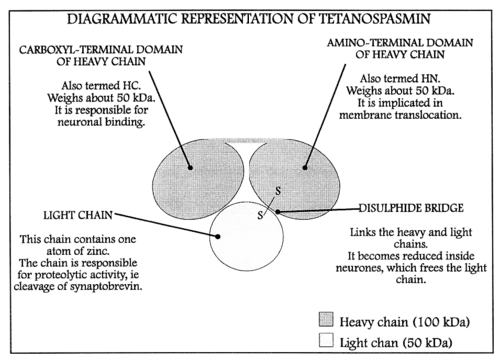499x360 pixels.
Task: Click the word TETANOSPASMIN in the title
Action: pyautogui.click(x=375, y=19)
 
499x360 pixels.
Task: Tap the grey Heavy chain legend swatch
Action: pyautogui.click(x=326, y=320)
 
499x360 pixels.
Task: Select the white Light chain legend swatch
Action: pyautogui.click(x=326, y=340)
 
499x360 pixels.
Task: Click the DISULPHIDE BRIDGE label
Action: pyautogui.click(x=411, y=208)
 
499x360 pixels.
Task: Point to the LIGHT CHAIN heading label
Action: pyautogui.click(x=78, y=215)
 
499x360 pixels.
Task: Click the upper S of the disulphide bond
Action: pyautogui.click(x=278, y=191)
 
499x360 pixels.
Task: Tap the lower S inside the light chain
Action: pyautogui.click(x=260, y=215)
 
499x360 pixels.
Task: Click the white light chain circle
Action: pyautogui.click(x=247, y=236)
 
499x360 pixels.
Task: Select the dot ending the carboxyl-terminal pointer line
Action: pyautogui.click(x=190, y=167)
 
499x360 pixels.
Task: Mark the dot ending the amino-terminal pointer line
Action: pyautogui.click(x=305, y=167)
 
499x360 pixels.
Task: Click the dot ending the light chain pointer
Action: pyautogui.click(x=218, y=236)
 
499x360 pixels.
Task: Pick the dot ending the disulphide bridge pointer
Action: pyautogui.click(x=278, y=211)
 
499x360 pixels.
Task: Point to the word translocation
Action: pyautogui.click(x=428, y=115)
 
